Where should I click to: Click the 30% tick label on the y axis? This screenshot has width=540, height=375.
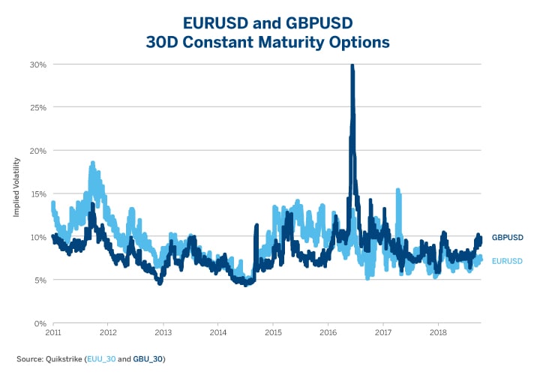pyautogui.click(x=37, y=64)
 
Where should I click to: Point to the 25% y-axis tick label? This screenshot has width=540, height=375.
pyautogui.click(x=37, y=107)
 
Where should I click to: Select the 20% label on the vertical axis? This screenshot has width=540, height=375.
pyautogui.click(x=37, y=151)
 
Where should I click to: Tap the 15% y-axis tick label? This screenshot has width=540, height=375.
pyautogui.click(x=37, y=193)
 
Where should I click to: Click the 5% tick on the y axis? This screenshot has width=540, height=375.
pyautogui.click(x=40, y=280)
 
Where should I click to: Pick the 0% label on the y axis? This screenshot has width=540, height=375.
pyautogui.click(x=40, y=323)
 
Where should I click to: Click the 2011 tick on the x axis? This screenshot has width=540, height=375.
pyautogui.click(x=53, y=331)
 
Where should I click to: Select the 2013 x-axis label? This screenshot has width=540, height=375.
pyautogui.click(x=163, y=331)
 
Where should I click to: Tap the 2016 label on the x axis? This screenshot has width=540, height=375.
pyautogui.click(x=328, y=331)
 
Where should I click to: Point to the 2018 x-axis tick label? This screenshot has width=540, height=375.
pyautogui.click(x=439, y=331)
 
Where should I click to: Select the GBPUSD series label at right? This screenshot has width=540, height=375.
pyautogui.click(x=507, y=237)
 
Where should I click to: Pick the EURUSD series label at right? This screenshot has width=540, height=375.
pyautogui.click(x=507, y=261)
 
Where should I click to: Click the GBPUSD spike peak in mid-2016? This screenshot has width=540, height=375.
pyautogui.click(x=352, y=66)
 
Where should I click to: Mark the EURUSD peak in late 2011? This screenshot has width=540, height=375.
pyautogui.click(x=92, y=163)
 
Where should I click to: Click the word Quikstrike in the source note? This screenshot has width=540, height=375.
pyautogui.click(x=65, y=359)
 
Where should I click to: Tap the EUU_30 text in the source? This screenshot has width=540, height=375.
pyautogui.click(x=100, y=359)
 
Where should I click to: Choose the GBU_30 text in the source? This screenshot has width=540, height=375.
pyautogui.click(x=147, y=359)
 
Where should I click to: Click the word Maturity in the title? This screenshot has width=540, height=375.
pyautogui.click(x=280, y=43)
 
